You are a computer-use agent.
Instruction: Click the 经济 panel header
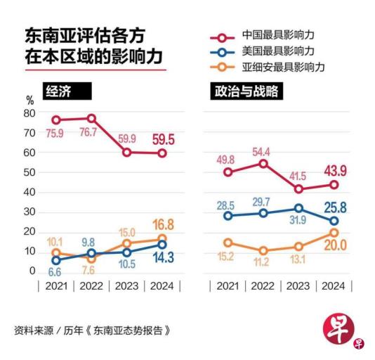coord(67,91)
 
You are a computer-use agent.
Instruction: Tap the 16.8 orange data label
coord(162,225)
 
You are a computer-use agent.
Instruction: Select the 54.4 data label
coord(262,150)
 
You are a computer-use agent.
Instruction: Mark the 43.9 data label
coord(334,171)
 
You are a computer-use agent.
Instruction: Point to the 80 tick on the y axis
coord(29,113)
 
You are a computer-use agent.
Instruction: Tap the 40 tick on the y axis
coord(29,192)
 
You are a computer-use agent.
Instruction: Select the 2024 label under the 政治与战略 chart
coord(333,286)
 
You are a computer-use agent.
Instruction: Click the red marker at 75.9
coord(56,120)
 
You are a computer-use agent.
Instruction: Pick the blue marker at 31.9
coord(298,208)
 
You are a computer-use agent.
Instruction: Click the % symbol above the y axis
coord(29,101)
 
